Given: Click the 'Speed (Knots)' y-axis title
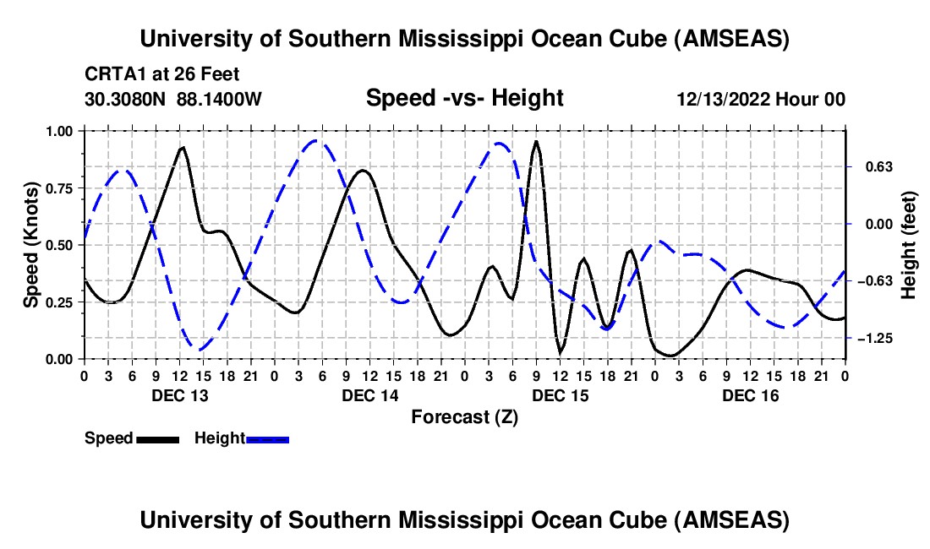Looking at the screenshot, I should tap(30, 245).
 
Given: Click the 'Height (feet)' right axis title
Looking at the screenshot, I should tap(909, 245).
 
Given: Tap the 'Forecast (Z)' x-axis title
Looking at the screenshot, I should tap(464, 416).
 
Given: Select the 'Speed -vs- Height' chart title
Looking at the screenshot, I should tap(464, 99).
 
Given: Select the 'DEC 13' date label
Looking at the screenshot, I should tap(178, 396).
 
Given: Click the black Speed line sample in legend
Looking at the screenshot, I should tap(156, 438).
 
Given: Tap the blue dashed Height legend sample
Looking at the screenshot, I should tap(267, 438).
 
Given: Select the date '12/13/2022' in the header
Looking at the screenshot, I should tap(727, 100).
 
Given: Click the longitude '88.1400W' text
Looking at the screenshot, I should tap(219, 100).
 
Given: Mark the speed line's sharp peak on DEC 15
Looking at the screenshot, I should tap(535, 142).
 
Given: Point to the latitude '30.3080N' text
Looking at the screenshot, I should tap(126, 100).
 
